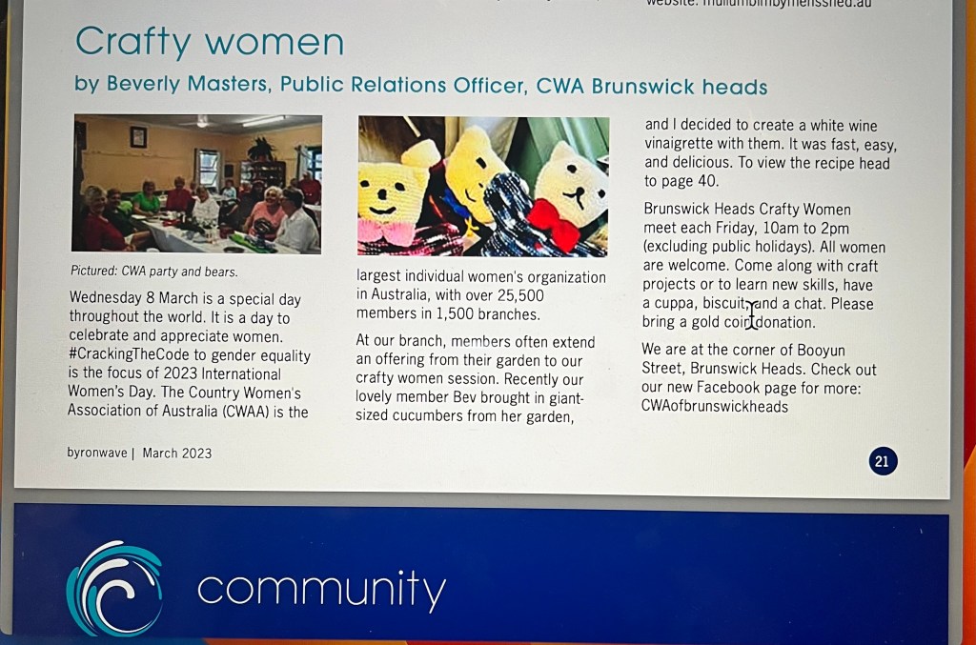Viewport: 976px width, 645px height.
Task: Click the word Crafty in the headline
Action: tap(133, 42)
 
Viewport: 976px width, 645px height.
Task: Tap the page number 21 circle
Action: tap(883, 461)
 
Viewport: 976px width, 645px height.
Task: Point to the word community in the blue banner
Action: tap(322, 588)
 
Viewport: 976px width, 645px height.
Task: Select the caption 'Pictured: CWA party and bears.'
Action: tap(153, 272)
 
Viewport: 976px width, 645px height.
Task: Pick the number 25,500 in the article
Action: tap(520, 295)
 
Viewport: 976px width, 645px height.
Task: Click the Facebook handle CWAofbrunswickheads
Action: tap(715, 407)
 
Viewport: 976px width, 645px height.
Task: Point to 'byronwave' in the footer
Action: tap(97, 453)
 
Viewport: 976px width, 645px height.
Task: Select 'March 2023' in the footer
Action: tap(176, 454)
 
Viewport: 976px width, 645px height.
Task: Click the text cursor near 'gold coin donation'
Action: tap(753, 314)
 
